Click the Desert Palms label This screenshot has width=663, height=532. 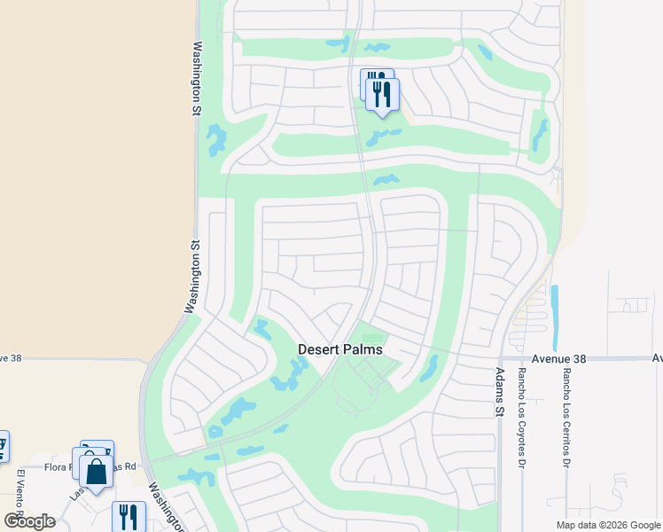pyautogui.click(x=340, y=349)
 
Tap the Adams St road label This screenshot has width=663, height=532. pyautogui.click(x=499, y=393)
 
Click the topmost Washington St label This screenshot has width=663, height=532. pyautogui.click(x=197, y=80)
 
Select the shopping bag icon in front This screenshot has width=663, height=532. pyautogui.click(x=96, y=472)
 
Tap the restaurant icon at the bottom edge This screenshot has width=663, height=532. pyautogui.click(x=129, y=516)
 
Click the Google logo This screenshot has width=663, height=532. pyautogui.click(x=29, y=520)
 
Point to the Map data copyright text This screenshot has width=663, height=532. pyautogui.click(x=607, y=525)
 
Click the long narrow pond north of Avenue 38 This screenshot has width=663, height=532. pyautogui.click(x=555, y=317)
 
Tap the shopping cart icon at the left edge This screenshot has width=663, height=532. pyautogui.click(x=3, y=445)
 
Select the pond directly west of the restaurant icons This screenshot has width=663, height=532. pyautogui.click(x=339, y=43)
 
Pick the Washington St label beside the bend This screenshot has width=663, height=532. pyautogui.click(x=191, y=276)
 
